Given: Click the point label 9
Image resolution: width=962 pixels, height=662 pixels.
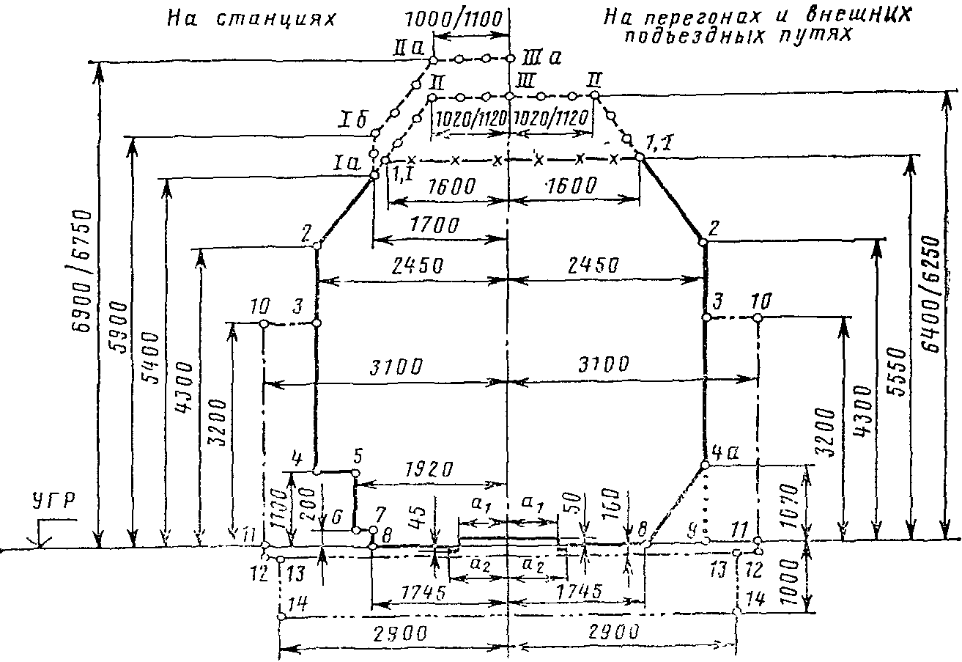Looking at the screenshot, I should (706, 529).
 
